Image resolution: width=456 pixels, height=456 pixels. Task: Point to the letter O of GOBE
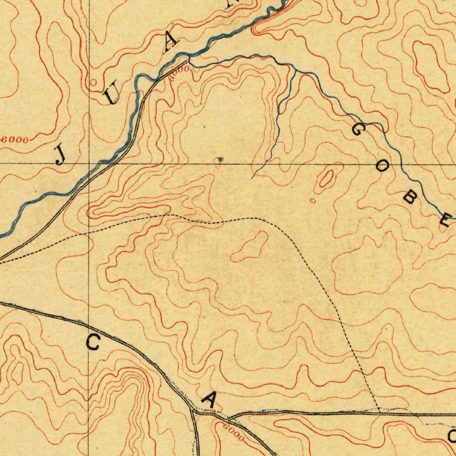[x=382, y=167]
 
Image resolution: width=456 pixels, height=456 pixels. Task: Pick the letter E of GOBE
[x=444, y=220]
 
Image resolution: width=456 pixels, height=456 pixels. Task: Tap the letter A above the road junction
[x=208, y=399]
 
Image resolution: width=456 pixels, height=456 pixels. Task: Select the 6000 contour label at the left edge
[x=15, y=139]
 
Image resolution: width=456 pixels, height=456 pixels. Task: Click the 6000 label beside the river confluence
[x=181, y=70]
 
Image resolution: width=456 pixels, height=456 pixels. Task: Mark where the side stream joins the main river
[x=189, y=57]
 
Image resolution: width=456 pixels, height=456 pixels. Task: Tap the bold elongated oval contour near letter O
[x=326, y=179]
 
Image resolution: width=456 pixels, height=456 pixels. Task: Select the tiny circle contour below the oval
[x=313, y=201]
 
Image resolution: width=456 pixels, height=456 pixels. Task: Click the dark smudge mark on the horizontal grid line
[x=220, y=159]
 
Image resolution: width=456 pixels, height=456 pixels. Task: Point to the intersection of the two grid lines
[x=89, y=163]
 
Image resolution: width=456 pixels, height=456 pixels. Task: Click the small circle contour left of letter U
[x=93, y=82]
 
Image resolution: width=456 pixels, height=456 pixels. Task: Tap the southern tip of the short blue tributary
[x=252, y=178]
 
